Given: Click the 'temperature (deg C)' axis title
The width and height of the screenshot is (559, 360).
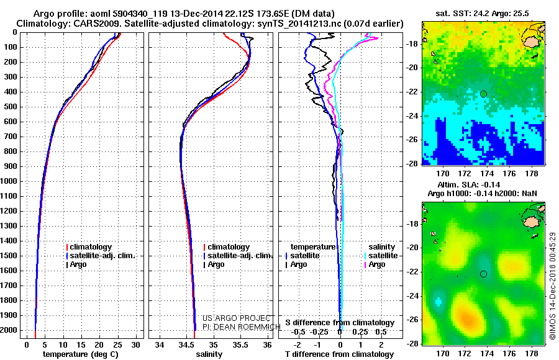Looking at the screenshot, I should pos(81,354).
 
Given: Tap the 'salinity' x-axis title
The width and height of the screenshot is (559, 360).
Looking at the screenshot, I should pos(209,354).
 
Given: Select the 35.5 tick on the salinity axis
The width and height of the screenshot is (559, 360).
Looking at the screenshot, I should pos(240,343).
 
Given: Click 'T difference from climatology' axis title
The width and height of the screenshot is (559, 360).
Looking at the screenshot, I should pos(339,354).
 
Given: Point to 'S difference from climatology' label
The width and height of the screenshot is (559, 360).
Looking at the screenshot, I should pos(339,323).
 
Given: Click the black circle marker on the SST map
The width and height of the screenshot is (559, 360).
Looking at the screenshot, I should pos(483,94).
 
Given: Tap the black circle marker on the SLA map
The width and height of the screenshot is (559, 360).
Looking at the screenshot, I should pos(483,274).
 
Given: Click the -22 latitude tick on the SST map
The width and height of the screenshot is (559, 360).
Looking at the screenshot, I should pos(414,94).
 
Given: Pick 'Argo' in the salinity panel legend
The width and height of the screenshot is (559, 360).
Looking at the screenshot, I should pos(216,264).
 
